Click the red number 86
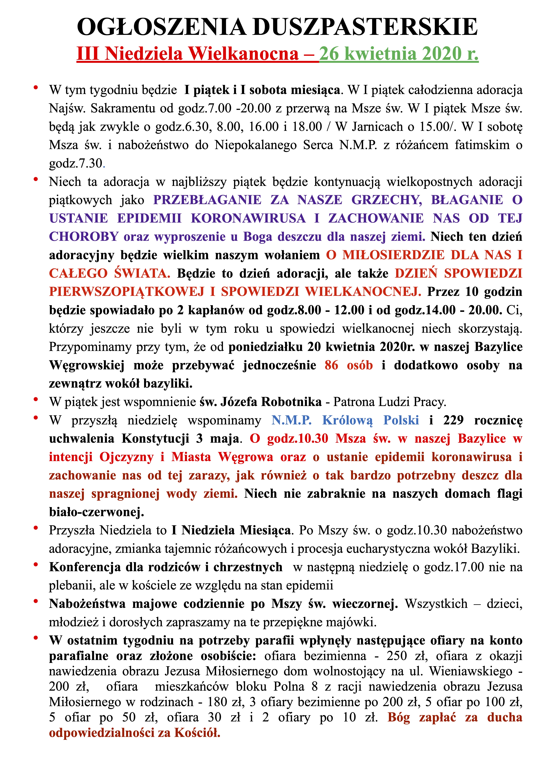point(331,365)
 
